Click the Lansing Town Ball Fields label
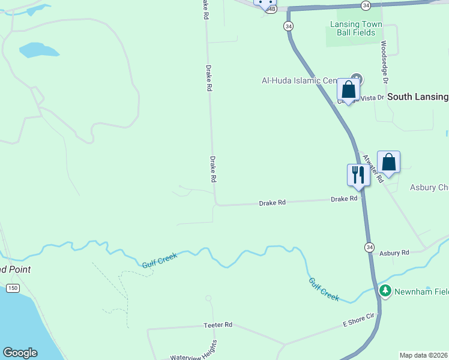pos(356,28)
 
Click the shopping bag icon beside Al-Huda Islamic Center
pos(348,90)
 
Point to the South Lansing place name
pos(417,97)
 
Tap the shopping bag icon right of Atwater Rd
pos(388,162)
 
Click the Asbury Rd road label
pos(394,253)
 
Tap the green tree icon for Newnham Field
pos(385,292)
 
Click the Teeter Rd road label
pos(218,325)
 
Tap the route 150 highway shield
pos(13,289)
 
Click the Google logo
pos(20,353)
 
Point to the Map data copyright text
pos(424,355)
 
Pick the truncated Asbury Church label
pos(429,187)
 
